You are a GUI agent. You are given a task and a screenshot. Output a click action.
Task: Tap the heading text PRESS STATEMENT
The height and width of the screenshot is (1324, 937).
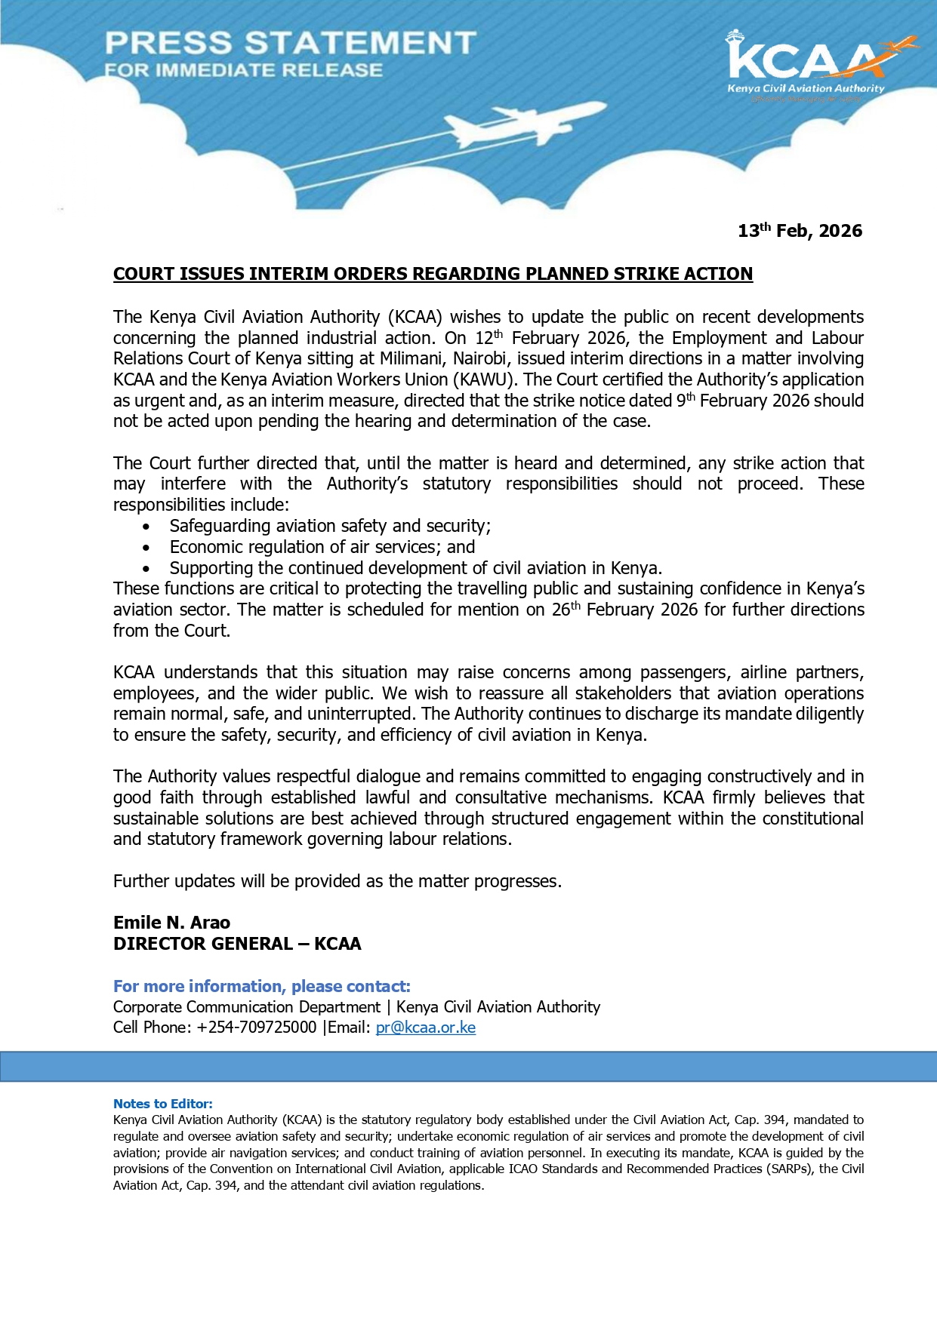[291, 43]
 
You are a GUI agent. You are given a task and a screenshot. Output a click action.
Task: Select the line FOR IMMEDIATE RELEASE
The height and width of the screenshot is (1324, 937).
[244, 71]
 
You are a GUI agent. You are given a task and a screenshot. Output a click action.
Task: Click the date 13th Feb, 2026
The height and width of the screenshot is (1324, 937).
[800, 231]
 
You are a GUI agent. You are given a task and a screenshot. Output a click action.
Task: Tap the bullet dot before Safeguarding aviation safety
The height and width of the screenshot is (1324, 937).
[146, 527]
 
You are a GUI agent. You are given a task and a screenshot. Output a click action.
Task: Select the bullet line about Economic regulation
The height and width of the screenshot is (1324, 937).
[322, 547]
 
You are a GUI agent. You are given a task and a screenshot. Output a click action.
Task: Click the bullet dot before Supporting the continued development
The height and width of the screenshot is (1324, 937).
[146, 569]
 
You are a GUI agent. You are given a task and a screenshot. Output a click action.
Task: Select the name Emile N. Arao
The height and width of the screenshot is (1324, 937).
[171, 923]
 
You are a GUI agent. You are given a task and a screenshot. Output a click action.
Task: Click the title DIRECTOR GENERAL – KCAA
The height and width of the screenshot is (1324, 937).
[237, 944]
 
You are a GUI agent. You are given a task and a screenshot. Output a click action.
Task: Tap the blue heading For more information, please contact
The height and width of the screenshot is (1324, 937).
[261, 986]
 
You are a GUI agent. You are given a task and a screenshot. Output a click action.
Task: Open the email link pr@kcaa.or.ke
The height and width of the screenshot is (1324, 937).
[425, 1028]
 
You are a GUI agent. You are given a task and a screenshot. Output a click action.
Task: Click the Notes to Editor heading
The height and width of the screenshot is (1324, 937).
[162, 1104]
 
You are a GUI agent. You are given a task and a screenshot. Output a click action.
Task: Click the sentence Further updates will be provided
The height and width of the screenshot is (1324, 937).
[337, 881]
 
